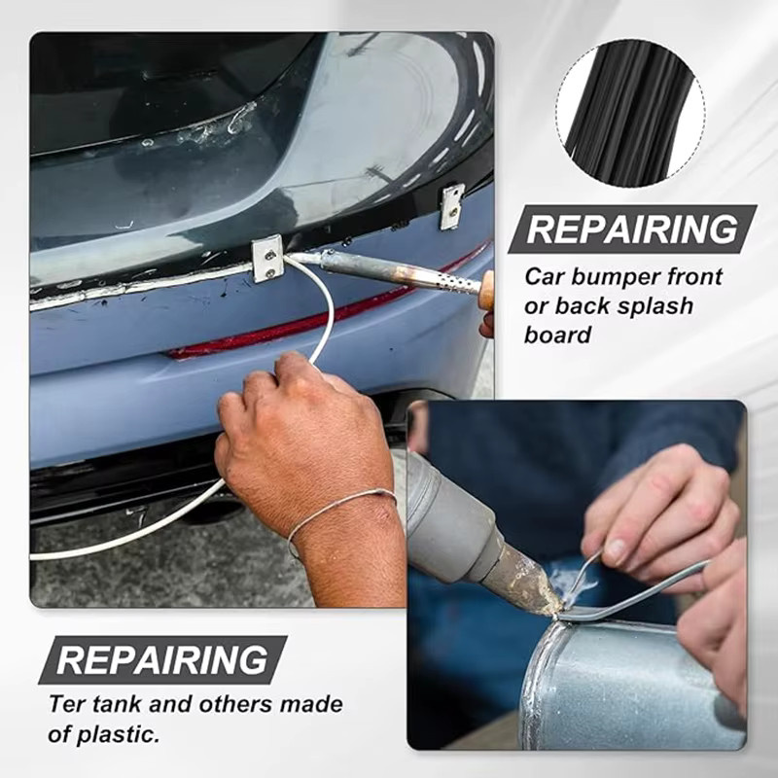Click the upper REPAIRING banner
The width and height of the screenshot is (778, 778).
pyautogui.click(x=632, y=230)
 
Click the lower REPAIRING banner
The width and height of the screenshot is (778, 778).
pyautogui.click(x=162, y=659)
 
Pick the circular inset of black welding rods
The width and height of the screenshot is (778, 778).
pyautogui.click(x=631, y=113)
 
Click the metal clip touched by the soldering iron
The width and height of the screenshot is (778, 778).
pyautogui.click(x=268, y=259)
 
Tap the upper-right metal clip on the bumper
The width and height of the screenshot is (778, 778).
pyautogui.click(x=452, y=207)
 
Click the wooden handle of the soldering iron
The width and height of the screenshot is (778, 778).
pyautogui.click(x=487, y=289)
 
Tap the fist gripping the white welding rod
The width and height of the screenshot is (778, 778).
pyautogui.click(x=302, y=442)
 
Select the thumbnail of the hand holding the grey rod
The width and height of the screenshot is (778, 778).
pyautogui.click(x=618, y=549)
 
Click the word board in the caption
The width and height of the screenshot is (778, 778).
pyautogui.click(x=557, y=335)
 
